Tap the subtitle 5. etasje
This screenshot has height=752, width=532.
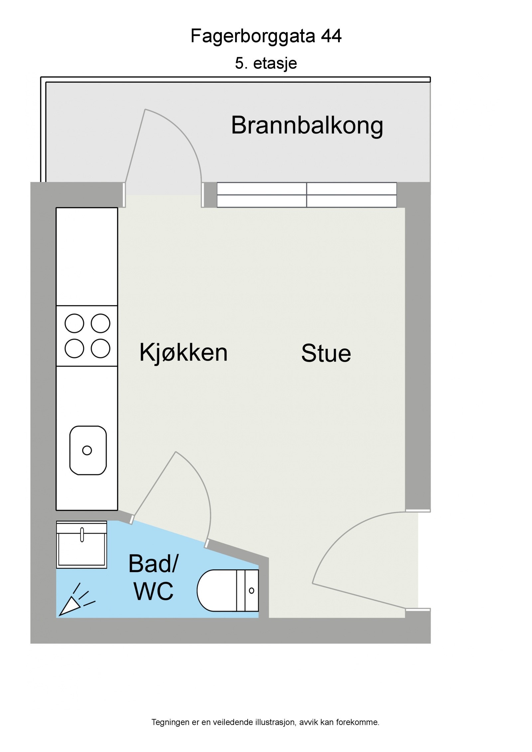pyautogui.click(x=266, y=63)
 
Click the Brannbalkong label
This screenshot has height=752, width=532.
pyautogui.click(x=307, y=126)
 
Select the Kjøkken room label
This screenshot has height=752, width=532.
pyautogui.click(x=183, y=353)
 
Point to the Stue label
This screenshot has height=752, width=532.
pyautogui.click(x=326, y=354)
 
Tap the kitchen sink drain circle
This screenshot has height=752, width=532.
pyautogui.click(x=87, y=450)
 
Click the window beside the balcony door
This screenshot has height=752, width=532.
pyautogui.click(x=307, y=195)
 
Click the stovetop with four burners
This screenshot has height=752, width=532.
pyautogui.click(x=87, y=336)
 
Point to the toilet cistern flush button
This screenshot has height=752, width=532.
pyautogui.click(x=251, y=591)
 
